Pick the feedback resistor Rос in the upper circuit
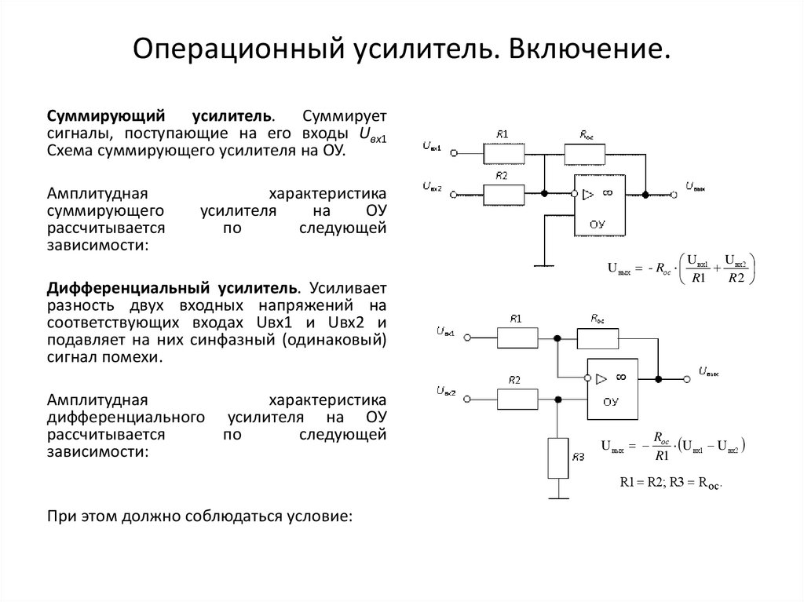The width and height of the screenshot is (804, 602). tap(585, 153)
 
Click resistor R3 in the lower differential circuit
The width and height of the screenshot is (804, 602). tap(557, 458)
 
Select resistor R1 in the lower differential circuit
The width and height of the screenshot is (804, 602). tap(517, 337)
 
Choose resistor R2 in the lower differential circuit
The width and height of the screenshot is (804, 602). tap(517, 398)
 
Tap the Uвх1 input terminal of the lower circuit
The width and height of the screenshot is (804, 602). tap(468, 337)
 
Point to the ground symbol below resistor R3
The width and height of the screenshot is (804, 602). tap(557, 494)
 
